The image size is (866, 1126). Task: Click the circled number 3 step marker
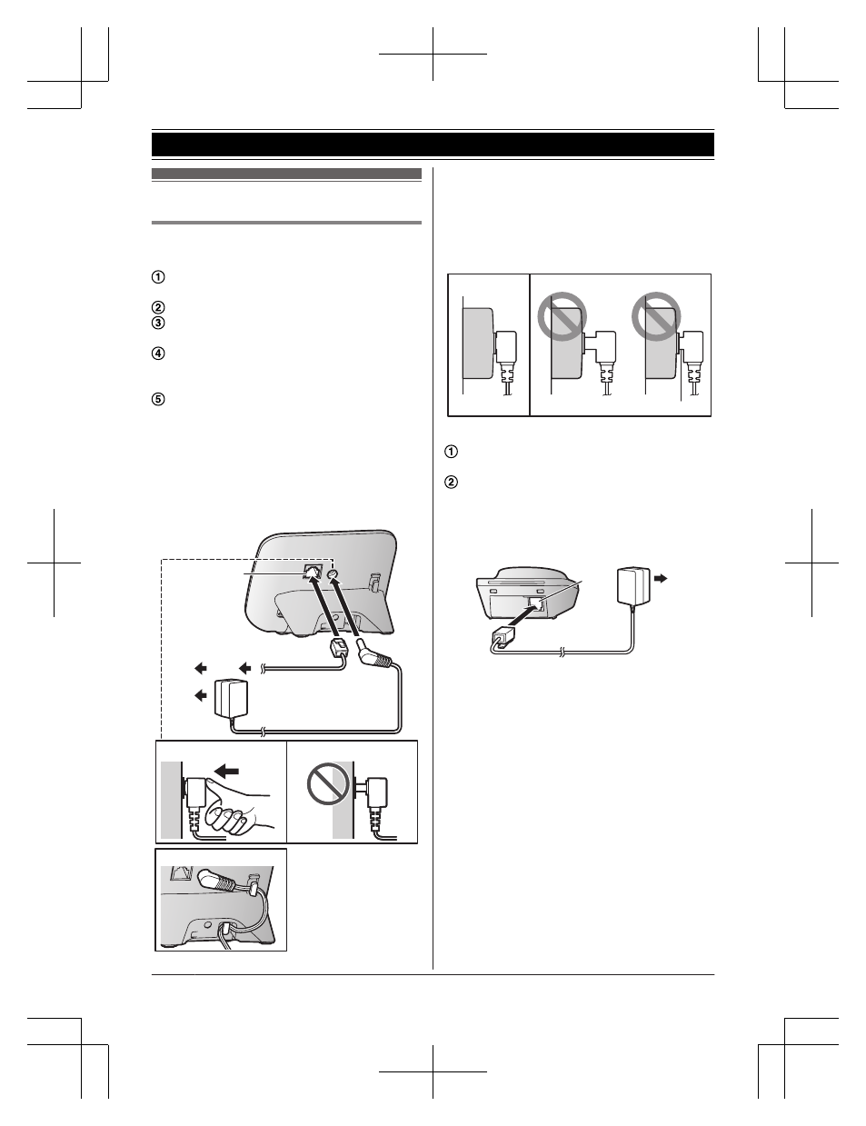coord(158,324)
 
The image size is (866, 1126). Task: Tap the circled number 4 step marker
coord(158,354)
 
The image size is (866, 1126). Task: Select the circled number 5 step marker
coord(158,400)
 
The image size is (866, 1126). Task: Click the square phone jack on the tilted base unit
coord(313,573)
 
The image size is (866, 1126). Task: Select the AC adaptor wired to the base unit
coord(231,699)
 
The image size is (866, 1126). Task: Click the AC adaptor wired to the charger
coord(634,586)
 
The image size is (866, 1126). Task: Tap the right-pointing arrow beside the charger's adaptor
coord(661,578)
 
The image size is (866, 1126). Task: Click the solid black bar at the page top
coord(433,144)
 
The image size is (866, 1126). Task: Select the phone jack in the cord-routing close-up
coord(179,875)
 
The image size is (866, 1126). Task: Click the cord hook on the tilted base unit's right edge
coord(375,582)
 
